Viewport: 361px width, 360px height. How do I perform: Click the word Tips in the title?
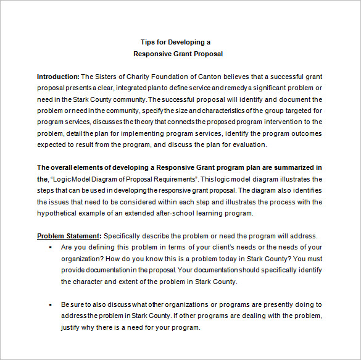click(147, 43)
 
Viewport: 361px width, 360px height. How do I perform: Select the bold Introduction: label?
click(58, 77)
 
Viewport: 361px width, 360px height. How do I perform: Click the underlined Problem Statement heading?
click(68, 236)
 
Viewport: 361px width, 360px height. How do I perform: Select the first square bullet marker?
click(49, 248)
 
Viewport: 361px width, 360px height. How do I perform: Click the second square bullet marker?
click(49, 305)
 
